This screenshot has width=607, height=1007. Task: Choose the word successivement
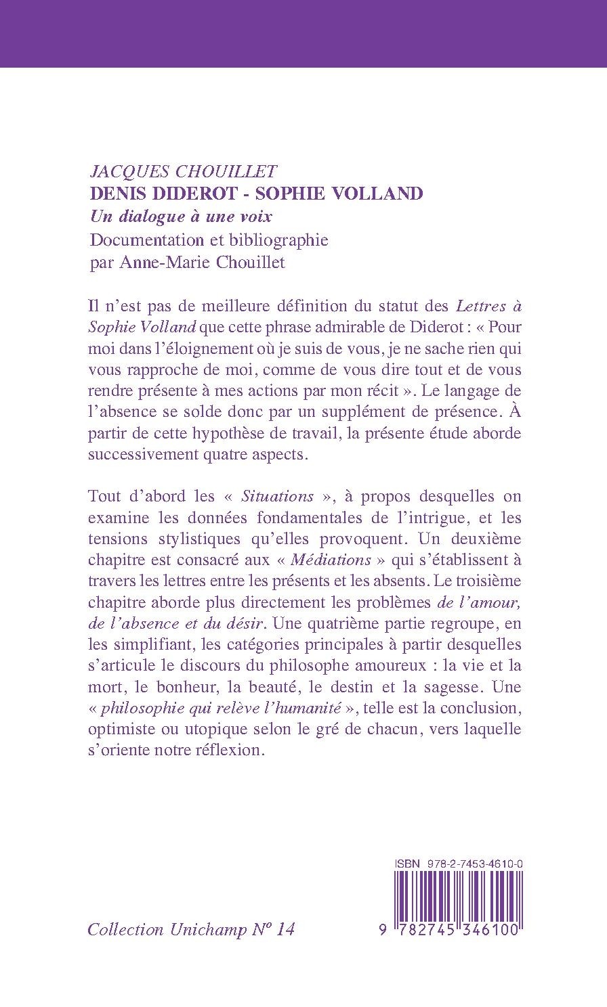(x=138, y=455)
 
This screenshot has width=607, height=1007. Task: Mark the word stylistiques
(x=177, y=539)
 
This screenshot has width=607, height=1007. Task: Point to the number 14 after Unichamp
(x=286, y=930)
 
